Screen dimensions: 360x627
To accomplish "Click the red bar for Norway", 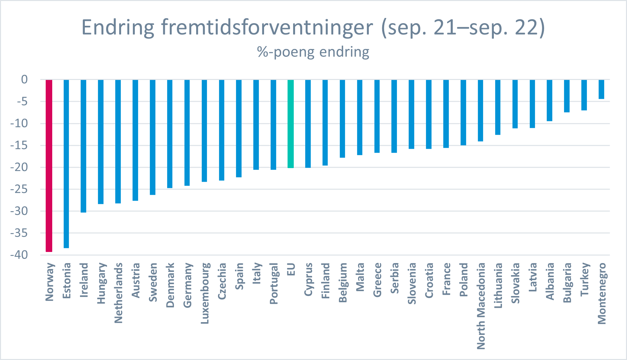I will pos(49,166).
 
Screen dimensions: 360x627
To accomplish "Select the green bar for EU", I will pos(290,124).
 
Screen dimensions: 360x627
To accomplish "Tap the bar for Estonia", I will pos(66,164).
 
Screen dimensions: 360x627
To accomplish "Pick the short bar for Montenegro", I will pos(601,89).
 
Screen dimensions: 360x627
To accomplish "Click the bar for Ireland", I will pos(84,146).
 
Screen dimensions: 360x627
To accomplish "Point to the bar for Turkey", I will pos(584,95).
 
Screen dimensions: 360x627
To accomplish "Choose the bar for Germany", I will pos(187,133).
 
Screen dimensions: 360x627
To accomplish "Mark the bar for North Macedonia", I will pos(480,111).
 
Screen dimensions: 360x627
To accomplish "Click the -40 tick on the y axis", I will pos(19,255).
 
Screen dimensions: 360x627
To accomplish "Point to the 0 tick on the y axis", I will pos(24,79).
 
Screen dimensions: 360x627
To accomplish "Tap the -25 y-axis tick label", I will pos(19,189).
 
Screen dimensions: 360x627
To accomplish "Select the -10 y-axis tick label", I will pos(19,123).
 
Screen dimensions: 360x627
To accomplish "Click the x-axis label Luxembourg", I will pos(205,293).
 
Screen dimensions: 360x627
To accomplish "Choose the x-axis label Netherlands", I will pos(118,293).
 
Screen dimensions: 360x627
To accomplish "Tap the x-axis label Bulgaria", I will pos(567,283).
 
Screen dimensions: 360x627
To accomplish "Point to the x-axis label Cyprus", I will pos(308,279).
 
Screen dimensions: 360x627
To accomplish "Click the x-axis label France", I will pos(446,279).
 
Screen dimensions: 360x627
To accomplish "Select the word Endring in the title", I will pos(118,28).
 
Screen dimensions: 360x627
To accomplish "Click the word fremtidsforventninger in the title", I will pos(267,27).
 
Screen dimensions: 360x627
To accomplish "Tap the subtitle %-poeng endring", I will pos(313,52).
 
